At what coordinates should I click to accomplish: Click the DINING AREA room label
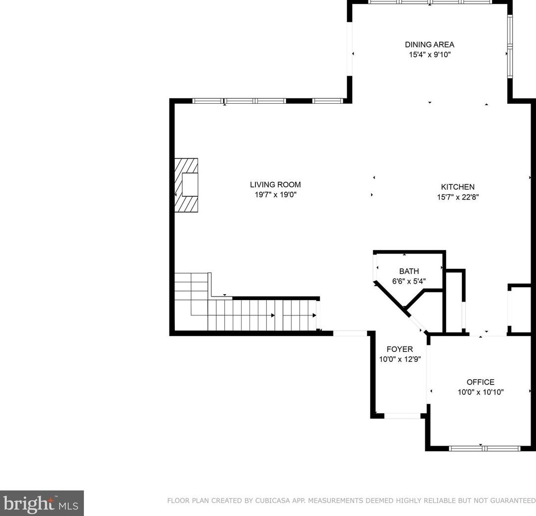pos(429,44)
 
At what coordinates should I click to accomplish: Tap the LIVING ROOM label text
pos(275,185)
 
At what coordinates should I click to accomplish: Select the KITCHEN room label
pos(458,187)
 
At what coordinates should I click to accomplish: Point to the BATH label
pos(409,271)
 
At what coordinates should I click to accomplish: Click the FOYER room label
pos(400,349)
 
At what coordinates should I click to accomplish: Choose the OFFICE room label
pos(480,382)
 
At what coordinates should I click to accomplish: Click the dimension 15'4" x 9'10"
pos(430,54)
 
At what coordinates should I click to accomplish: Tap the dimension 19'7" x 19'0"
pos(275,195)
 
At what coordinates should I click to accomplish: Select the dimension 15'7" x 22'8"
pos(458,197)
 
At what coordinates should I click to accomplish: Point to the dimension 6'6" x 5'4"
pos(409,281)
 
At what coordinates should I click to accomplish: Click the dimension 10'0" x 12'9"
pos(400,359)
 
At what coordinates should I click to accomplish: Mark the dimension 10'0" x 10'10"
pos(481,392)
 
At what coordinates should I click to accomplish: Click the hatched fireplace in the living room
pos(186,185)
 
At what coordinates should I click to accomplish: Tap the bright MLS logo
pos(41,503)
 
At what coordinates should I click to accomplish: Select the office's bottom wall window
pos(485,448)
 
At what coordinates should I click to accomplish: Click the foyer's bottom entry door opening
pos(402,416)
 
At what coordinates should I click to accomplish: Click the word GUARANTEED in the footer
pos(513,501)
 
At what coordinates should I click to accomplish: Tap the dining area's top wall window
pos(430,2)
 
